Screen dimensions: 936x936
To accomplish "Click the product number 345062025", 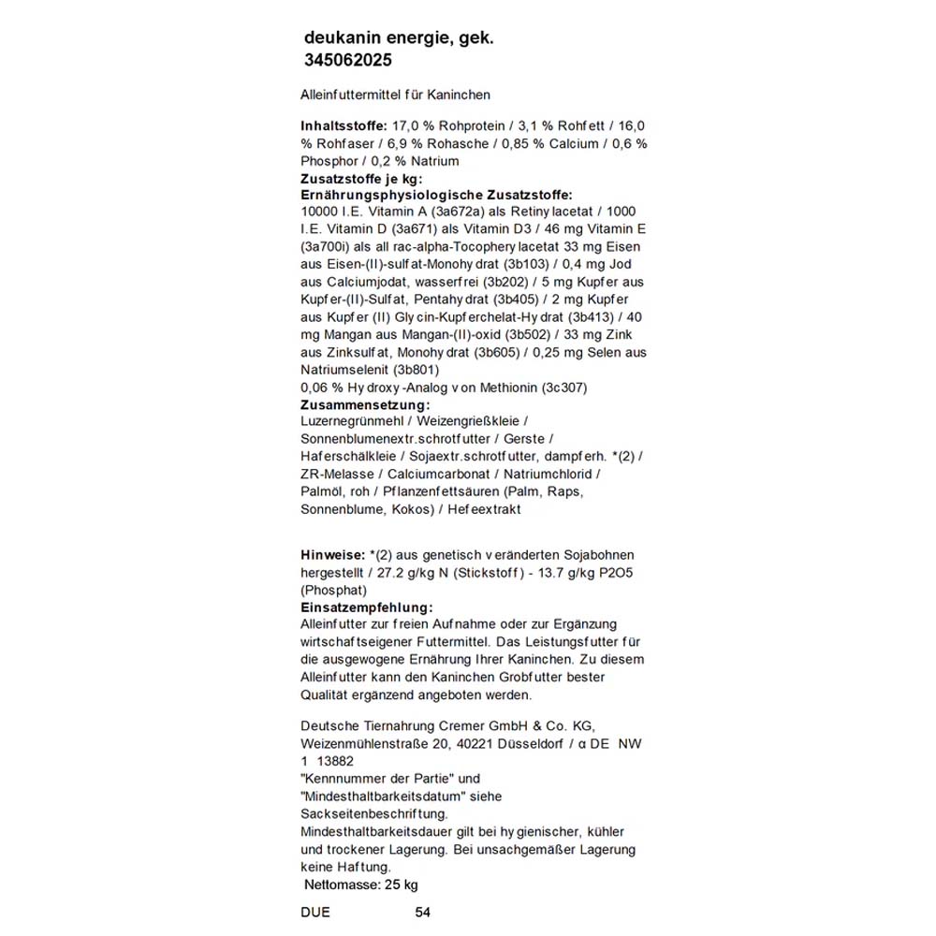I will pyautogui.click(x=348, y=61).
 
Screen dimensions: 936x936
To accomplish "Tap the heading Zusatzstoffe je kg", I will pyautogui.click(x=361, y=178).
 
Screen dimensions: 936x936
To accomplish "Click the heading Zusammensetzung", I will pyautogui.click(x=364, y=404).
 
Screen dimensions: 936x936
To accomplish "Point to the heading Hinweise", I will pyautogui.click(x=332, y=554).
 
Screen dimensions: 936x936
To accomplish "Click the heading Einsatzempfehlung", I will pyautogui.click(x=366, y=607).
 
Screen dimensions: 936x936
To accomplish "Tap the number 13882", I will pyautogui.click(x=335, y=761).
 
